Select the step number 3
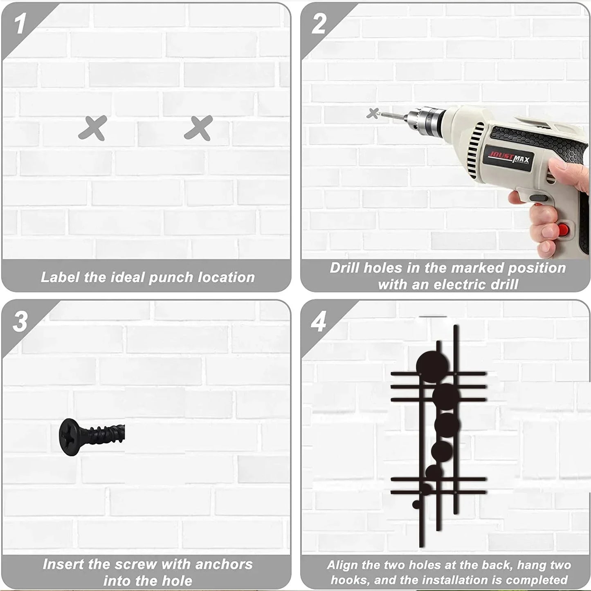[x=20, y=322]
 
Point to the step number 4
[x=318, y=322]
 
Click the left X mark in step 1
[x=92, y=128]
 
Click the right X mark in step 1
[x=198, y=128]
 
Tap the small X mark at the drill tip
[x=373, y=113]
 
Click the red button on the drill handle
[x=562, y=229]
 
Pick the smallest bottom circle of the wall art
[x=416, y=505]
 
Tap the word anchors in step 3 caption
[x=224, y=564]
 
